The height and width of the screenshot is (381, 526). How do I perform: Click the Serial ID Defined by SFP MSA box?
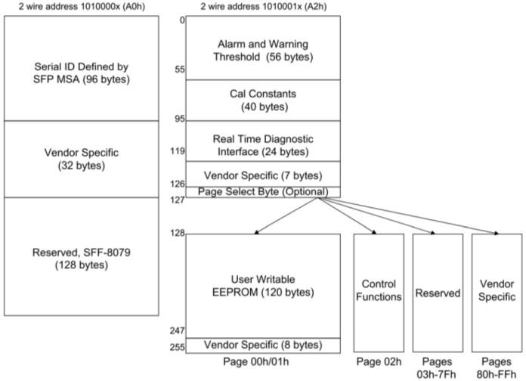[x=82, y=68]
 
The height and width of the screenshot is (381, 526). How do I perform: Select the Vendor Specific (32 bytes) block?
[x=82, y=159]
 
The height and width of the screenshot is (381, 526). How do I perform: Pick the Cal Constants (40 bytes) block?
[x=263, y=100]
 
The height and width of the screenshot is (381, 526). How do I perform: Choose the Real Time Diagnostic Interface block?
[x=263, y=145]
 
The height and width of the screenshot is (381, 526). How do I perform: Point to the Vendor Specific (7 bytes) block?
[x=263, y=174]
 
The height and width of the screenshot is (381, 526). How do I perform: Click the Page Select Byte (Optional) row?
[x=263, y=192]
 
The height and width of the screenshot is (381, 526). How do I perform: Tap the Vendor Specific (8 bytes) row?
[x=263, y=345]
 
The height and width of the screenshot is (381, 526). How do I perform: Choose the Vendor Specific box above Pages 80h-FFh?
[x=497, y=292]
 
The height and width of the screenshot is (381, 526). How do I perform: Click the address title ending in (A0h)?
[x=82, y=6]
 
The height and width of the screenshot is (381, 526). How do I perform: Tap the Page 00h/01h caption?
[x=263, y=360]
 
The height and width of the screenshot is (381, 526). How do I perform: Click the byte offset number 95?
[x=179, y=118]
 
